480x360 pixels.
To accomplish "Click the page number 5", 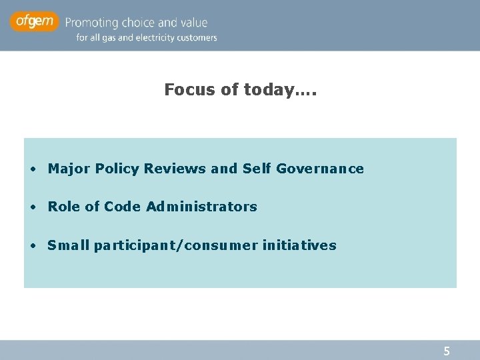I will pos(447,351).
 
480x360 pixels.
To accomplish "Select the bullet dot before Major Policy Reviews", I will pos(33,169).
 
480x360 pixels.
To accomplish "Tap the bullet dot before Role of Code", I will pos(33,207).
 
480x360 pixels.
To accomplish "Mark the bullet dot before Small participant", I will pos(33,245).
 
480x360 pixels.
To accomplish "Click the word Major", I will pos(69,169).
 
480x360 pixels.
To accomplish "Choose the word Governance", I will pos(320,169).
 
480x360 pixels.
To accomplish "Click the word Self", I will pos(257,169).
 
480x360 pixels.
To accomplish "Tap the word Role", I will pos(64,207).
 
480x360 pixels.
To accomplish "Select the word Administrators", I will pos(201,207).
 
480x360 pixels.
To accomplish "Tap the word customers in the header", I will pos(196,38).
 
